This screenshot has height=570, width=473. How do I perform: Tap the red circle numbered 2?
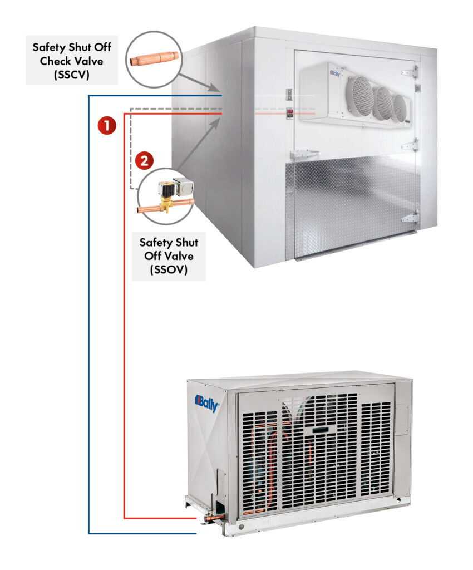point(144,161)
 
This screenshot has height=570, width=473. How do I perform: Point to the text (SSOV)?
point(168,269)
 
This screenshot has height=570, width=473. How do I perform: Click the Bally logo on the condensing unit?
point(207,403)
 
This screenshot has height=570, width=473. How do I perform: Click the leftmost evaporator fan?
point(359,96)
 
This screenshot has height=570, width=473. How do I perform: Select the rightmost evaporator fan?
point(399,109)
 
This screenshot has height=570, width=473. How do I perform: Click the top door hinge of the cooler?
point(410,72)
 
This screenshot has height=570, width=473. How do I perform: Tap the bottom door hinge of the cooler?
point(410,218)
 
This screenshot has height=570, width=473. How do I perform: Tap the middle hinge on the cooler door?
point(411,145)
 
